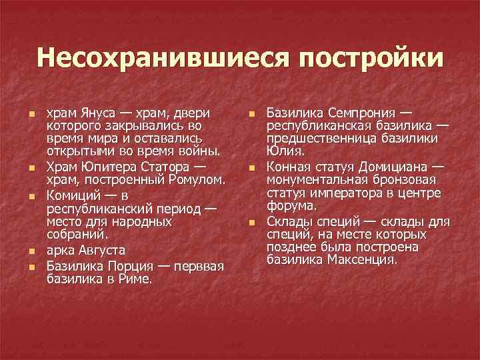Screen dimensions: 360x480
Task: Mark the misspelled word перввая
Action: coord(199,267)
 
